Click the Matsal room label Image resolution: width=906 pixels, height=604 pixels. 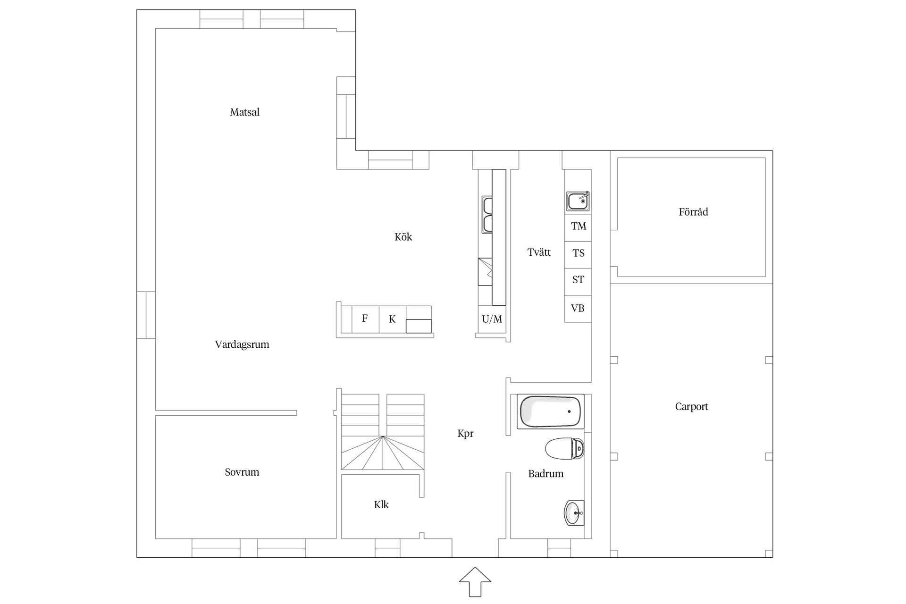point(244,112)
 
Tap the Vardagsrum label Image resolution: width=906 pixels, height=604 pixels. point(242,344)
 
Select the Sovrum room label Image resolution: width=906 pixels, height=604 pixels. point(242,472)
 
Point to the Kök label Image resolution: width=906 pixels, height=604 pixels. point(403,236)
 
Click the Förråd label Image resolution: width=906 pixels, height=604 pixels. point(693,212)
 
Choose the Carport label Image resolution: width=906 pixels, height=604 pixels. point(691,406)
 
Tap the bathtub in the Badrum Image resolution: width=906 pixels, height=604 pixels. point(551,411)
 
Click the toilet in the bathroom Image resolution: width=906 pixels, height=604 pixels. point(565,448)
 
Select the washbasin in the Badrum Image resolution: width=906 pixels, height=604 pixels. point(574,513)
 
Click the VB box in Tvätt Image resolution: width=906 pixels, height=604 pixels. point(578,309)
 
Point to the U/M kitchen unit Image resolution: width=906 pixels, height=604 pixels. point(492,319)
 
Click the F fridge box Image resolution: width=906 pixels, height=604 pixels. point(365,319)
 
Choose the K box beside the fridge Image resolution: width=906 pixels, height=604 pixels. point(392,319)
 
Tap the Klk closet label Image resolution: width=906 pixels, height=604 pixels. point(381,504)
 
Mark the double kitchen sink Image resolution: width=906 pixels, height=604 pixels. point(487,215)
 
